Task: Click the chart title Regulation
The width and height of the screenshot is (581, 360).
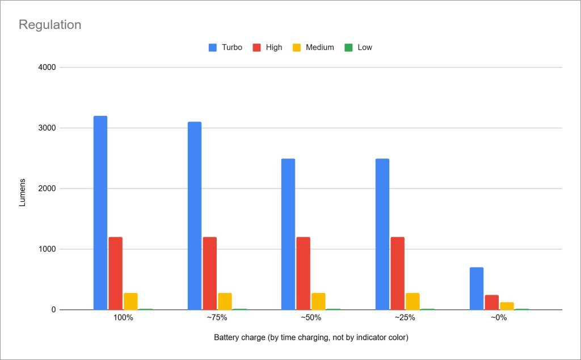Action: (50, 25)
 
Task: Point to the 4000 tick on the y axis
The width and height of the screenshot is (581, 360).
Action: (47, 68)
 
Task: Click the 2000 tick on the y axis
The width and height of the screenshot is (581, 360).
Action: (47, 189)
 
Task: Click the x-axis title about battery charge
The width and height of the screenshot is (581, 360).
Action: (311, 337)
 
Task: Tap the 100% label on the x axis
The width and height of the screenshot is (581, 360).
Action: (123, 318)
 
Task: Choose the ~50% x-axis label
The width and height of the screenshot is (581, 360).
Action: (311, 318)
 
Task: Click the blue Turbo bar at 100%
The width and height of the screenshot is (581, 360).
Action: (100, 213)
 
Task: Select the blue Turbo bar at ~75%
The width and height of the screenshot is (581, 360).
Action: (195, 216)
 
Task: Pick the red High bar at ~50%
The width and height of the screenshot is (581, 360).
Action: (304, 273)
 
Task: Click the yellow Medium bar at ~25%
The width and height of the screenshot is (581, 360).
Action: (412, 302)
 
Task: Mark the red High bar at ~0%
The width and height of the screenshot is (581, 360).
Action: (491, 302)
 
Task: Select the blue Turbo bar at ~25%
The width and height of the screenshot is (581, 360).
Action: (382, 234)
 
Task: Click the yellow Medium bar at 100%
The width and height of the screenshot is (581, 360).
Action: (130, 302)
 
